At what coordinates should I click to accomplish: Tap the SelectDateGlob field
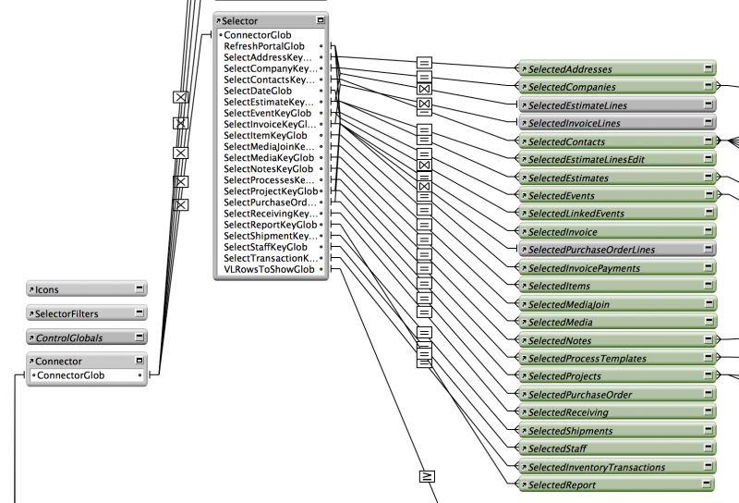click(x=259, y=91)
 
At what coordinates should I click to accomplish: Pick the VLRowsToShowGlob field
click(x=268, y=270)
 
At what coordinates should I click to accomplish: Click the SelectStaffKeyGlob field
click(x=266, y=247)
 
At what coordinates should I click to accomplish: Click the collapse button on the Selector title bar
click(x=320, y=19)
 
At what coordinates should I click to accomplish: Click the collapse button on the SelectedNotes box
click(x=707, y=340)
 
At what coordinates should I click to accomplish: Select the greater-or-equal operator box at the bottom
click(x=426, y=477)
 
